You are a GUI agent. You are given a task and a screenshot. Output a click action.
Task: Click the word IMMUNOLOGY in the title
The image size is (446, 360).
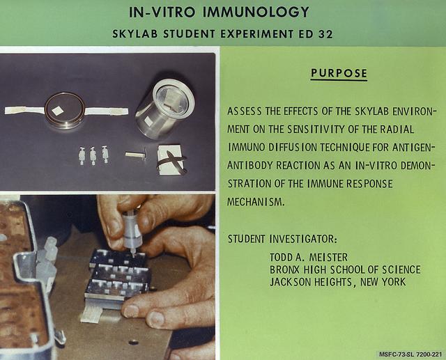(256, 13)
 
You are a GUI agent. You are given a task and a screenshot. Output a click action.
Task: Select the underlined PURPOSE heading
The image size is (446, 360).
(339, 74)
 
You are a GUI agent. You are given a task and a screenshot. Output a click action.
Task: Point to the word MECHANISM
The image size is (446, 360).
(256, 202)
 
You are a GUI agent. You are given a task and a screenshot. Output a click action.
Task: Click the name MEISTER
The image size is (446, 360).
(328, 258)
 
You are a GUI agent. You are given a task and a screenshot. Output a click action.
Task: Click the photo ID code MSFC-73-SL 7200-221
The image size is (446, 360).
(410, 354)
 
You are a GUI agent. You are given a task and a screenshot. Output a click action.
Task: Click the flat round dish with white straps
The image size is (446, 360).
(66, 110)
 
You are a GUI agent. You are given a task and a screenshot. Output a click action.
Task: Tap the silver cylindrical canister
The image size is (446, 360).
(164, 109)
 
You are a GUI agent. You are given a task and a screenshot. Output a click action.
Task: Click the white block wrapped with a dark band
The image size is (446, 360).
(171, 160)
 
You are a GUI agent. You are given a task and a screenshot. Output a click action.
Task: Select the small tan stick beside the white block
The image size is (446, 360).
(136, 155)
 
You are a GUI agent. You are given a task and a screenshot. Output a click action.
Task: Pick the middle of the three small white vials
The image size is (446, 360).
(93, 156)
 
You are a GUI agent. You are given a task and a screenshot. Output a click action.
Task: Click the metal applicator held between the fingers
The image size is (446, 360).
(131, 230)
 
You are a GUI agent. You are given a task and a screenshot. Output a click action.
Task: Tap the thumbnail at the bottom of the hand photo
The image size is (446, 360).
(157, 319)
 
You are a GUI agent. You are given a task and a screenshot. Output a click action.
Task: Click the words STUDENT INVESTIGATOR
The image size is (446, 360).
(282, 239)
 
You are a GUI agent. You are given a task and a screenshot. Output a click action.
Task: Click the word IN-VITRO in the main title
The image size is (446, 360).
(162, 13)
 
